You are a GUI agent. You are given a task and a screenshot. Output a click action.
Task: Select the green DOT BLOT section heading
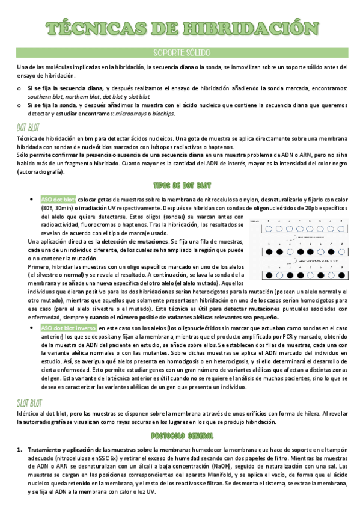click(x=29, y=127)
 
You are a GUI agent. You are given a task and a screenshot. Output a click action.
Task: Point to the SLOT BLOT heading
click(x=30, y=401)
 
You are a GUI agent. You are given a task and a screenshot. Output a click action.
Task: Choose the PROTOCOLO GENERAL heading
click(x=180, y=434)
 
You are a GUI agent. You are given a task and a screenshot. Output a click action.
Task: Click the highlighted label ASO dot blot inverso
click(x=69, y=328)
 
